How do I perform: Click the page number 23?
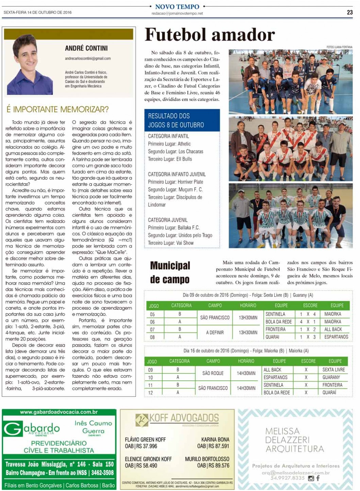349,12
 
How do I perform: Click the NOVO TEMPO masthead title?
177,6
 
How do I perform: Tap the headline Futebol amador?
210,35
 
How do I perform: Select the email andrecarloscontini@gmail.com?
88,59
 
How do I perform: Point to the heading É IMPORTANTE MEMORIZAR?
57,109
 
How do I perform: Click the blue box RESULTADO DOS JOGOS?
182,120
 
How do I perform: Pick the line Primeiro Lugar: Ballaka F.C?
174,228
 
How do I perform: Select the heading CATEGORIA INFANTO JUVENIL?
177,174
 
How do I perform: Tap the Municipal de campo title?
170,272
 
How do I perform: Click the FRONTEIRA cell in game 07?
275,329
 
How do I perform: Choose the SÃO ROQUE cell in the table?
213,373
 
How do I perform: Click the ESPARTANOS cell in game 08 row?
336,337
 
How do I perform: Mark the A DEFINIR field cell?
215,333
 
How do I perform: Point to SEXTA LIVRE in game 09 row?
333,370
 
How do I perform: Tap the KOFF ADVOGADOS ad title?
184,418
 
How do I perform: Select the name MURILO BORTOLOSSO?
207,459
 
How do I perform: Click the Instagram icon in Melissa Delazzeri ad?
311,478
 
